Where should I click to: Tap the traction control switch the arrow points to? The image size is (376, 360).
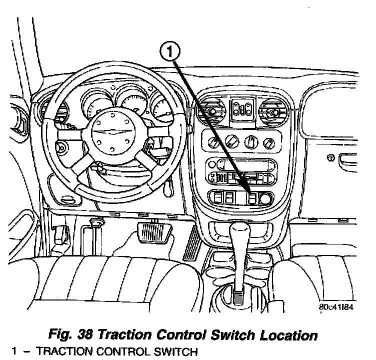252,198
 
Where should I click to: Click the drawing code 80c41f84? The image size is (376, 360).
336,307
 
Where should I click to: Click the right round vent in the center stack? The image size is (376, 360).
275,109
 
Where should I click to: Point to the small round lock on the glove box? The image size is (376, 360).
330,158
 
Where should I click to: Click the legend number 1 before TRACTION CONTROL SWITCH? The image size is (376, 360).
14,351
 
